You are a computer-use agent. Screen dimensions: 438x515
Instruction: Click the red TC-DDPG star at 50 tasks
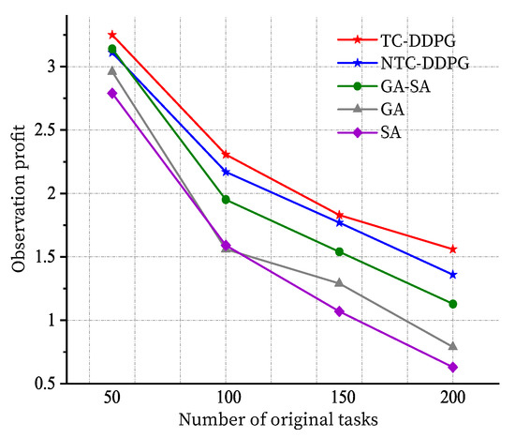(x=112, y=35)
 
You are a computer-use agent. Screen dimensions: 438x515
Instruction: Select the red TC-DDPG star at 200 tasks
(x=453, y=249)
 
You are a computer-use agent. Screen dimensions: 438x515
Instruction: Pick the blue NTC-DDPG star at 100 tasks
(x=226, y=172)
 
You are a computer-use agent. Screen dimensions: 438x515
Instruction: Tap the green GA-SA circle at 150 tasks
(x=340, y=251)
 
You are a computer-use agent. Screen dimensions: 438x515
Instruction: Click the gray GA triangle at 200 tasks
(x=453, y=346)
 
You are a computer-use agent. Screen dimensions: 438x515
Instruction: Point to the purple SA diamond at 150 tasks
(x=340, y=311)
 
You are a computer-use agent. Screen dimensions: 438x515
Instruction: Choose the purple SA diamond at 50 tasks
(x=112, y=93)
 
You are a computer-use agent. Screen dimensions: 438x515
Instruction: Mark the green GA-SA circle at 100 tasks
(x=226, y=200)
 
